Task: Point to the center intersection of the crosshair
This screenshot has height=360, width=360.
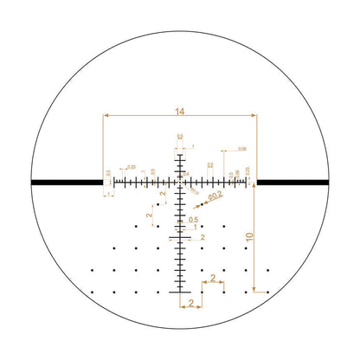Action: point(180,183)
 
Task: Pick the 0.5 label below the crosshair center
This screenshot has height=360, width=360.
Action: point(194,220)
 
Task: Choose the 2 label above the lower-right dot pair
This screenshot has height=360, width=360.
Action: point(213,279)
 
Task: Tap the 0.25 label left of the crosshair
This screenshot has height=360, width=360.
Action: point(132,166)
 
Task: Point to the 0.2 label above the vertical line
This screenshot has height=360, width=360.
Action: point(180,136)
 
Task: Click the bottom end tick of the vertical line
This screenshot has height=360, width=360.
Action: point(180,294)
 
